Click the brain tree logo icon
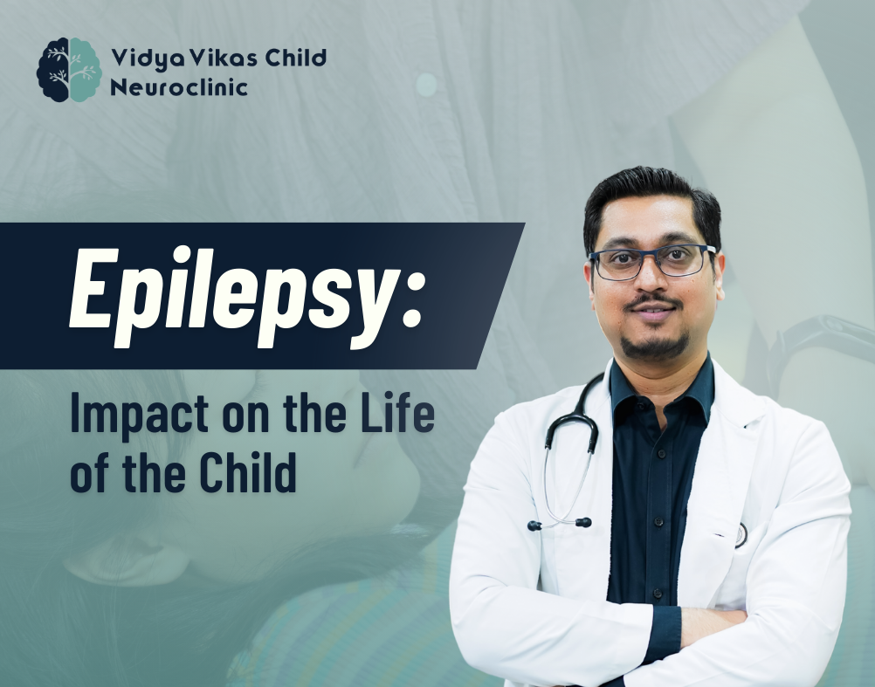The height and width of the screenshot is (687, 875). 69,70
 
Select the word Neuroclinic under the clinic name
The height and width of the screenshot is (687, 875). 178,87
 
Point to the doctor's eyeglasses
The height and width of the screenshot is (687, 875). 652,262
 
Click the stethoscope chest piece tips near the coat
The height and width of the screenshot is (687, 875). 559,524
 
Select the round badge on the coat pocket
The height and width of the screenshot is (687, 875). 741,535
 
